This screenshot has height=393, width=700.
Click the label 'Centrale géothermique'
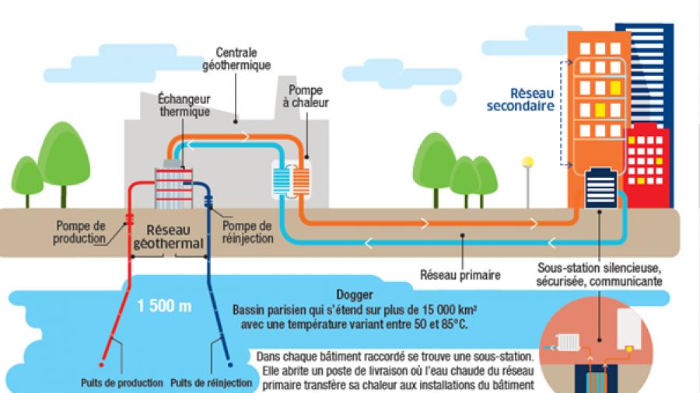(243, 59)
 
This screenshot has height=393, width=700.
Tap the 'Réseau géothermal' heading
(168, 237)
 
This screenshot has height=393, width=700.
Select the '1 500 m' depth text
(164, 305)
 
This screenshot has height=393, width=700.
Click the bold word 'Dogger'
(351, 296)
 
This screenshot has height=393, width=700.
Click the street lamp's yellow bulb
(528, 162)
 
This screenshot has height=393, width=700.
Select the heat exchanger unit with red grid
(177, 186)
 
